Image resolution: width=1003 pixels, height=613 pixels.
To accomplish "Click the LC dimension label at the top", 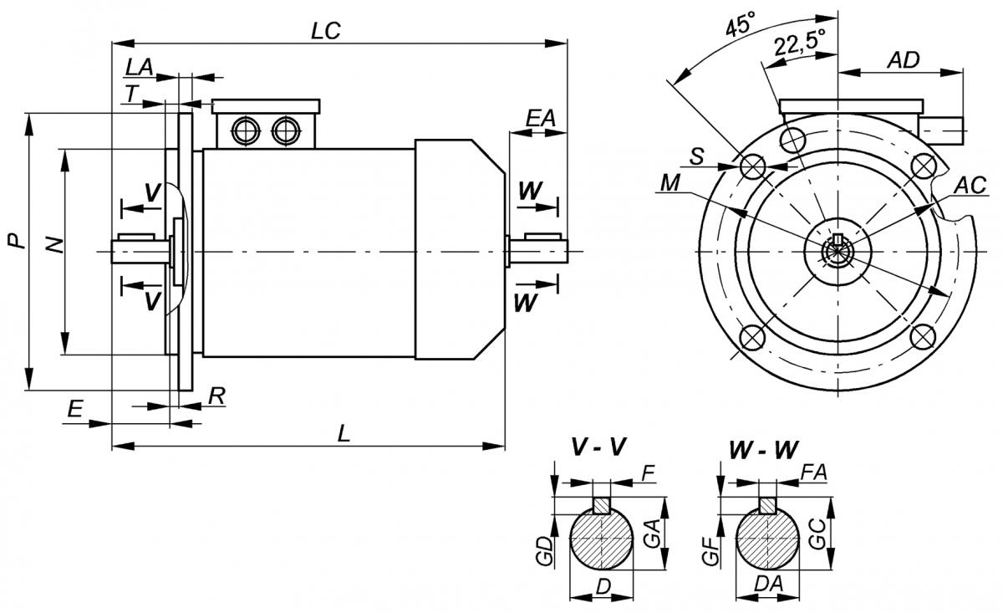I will (x=325, y=30).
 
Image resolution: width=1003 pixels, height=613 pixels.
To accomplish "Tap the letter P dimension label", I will (x=14, y=243).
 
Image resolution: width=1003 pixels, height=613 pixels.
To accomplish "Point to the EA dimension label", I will (x=540, y=118).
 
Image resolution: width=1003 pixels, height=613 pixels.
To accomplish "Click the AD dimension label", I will (x=903, y=59).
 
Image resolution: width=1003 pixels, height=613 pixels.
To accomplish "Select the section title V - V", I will (x=598, y=448).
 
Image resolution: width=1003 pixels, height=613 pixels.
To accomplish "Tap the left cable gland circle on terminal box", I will (x=247, y=130).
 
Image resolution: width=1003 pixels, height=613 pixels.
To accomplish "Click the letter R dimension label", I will (x=216, y=396).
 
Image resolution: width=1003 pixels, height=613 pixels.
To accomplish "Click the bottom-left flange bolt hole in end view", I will (x=752, y=337).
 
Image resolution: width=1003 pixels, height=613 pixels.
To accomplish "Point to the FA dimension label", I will (x=813, y=473).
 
